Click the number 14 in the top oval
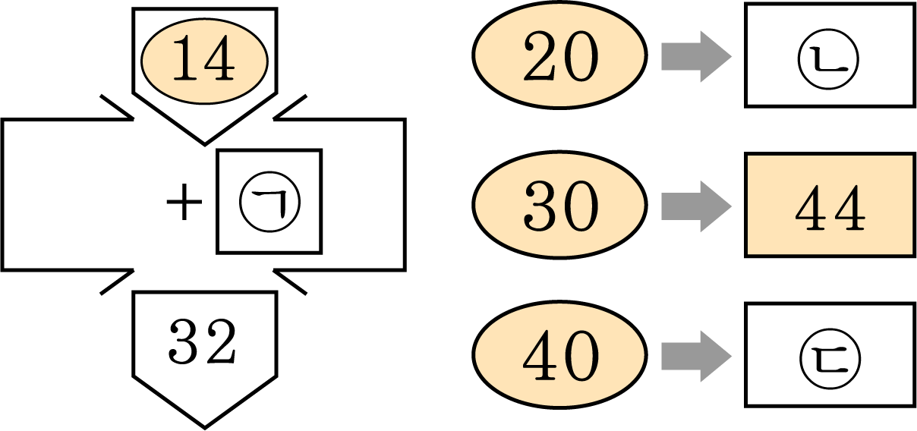click(x=204, y=58)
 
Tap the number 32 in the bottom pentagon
click(x=202, y=341)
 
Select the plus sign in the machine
click(x=184, y=201)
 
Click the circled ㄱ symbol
click(x=269, y=202)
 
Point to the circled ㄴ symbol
click(x=828, y=59)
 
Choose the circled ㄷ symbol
click(x=830, y=359)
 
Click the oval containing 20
click(x=560, y=55)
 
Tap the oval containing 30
click(x=560, y=205)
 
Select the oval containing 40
click(x=560, y=354)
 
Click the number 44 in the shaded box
click(x=830, y=207)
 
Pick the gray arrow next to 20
click(x=696, y=56)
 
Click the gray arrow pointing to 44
click(x=696, y=206)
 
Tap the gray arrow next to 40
click(x=696, y=356)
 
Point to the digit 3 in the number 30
click(x=540, y=206)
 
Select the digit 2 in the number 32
click(x=222, y=341)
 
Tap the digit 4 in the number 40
click(x=540, y=355)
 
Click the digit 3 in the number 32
click(x=184, y=341)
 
